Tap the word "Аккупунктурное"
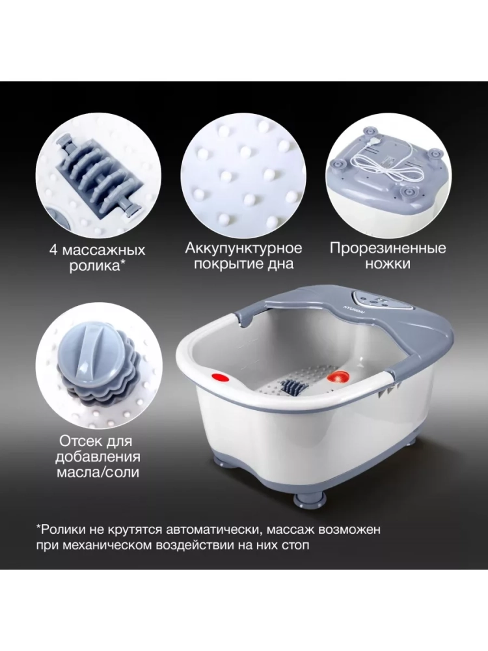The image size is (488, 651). click(243, 248)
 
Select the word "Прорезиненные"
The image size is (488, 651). click(388, 248)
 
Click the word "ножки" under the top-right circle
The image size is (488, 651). click(388, 264)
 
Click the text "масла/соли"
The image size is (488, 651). click(98, 471)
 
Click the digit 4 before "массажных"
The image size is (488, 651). click(53, 250)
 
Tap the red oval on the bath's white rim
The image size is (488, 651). click(221, 378)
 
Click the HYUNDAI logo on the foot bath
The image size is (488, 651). click(347, 308)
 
